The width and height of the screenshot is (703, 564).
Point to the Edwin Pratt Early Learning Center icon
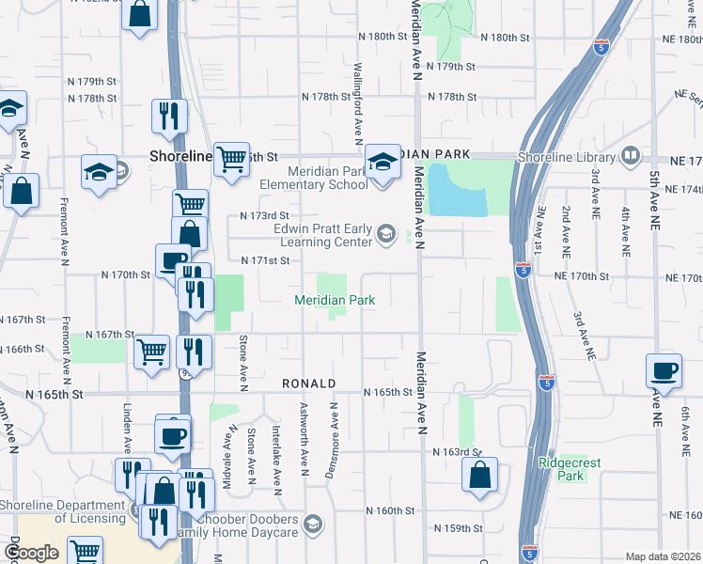coord(385,233)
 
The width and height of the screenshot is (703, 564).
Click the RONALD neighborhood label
coord(309,384)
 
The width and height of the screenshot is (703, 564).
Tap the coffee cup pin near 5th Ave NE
coord(664,371)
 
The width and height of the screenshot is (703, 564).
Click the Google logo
coord(31,553)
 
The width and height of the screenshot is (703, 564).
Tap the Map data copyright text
coord(663,556)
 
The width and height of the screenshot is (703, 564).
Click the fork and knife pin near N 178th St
coord(169,117)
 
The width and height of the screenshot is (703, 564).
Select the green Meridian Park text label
coord(336,300)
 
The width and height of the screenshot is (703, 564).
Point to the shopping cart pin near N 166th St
coord(152,352)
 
